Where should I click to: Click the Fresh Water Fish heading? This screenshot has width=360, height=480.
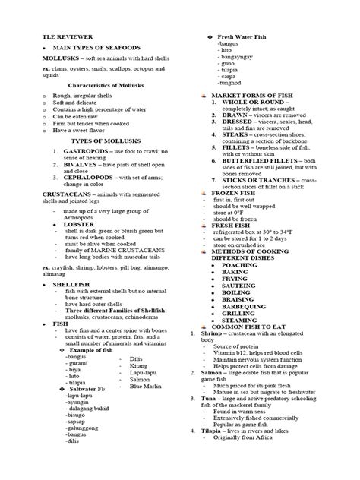(245, 37)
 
